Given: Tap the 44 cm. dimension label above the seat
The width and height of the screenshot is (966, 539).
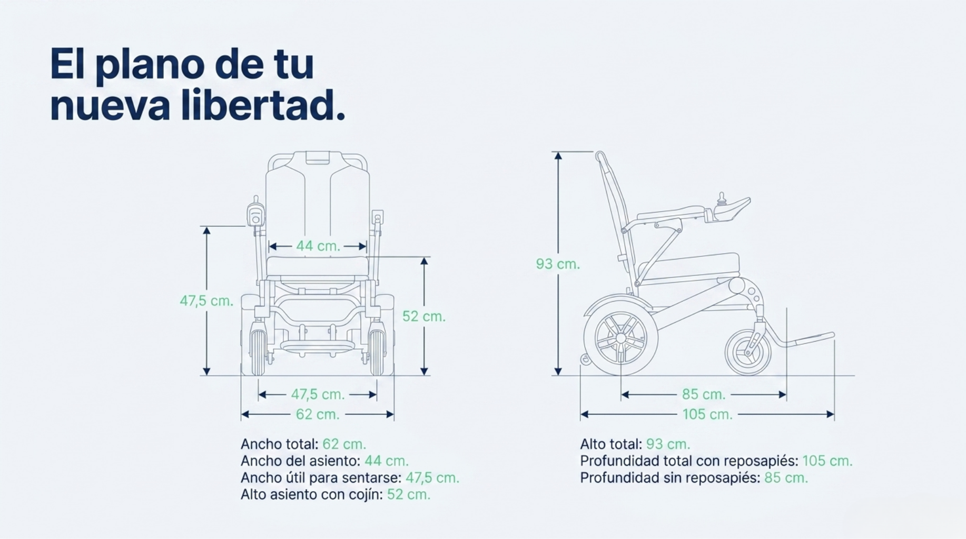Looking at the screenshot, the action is click(x=318, y=246).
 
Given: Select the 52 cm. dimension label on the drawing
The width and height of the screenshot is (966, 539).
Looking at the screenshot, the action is click(x=424, y=316).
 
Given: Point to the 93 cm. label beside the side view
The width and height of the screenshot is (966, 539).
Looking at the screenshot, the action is click(x=558, y=264).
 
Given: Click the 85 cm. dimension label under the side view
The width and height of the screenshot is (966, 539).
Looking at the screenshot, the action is click(x=704, y=394).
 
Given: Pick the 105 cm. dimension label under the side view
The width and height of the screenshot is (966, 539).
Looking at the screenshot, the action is click(x=707, y=414).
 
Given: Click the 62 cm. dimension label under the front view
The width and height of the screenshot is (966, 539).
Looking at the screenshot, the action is click(x=318, y=414).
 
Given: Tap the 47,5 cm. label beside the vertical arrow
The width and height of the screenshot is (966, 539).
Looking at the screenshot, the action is click(x=206, y=301).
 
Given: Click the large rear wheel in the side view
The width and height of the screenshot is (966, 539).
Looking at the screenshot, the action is click(x=620, y=337).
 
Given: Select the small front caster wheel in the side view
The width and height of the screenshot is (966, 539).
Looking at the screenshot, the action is click(x=747, y=352).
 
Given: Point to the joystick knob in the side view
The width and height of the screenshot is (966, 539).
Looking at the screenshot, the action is click(x=722, y=198).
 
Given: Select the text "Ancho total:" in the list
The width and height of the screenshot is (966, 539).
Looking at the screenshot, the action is click(x=279, y=444).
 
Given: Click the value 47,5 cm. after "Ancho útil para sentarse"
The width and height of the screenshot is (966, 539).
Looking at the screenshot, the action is click(x=432, y=478).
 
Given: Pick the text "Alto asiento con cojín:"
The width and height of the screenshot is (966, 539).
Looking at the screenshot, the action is click(x=312, y=495).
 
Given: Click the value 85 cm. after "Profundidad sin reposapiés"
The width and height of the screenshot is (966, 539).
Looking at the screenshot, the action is click(x=786, y=478).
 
